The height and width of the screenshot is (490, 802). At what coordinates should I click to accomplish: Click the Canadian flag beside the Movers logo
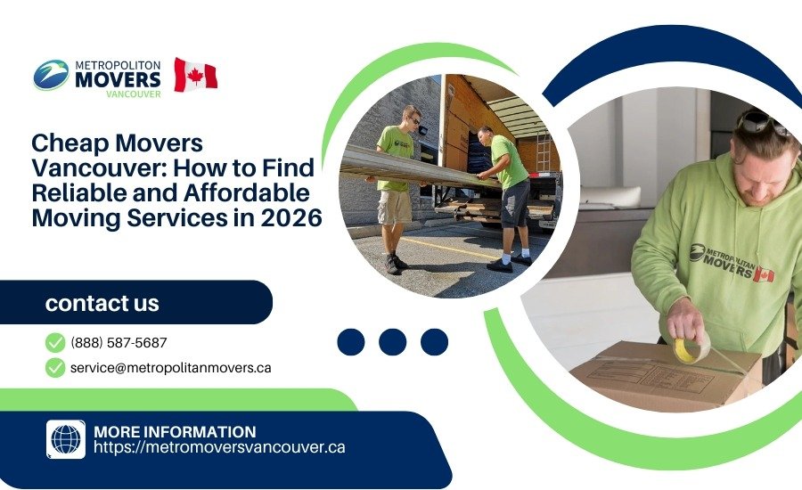coord(195,75)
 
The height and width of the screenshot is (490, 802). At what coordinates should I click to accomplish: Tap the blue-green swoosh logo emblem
coord(51,75)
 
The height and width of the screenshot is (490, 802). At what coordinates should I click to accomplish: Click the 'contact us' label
coord(102,303)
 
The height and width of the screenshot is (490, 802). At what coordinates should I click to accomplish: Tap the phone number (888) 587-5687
coord(119,342)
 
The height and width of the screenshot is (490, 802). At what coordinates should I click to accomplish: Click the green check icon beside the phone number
coord(55,342)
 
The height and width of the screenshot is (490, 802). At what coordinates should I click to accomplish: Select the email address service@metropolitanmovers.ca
coord(171,367)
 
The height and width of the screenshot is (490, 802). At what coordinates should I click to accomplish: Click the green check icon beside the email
coord(55,367)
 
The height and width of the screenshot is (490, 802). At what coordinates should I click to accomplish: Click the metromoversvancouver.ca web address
coord(219,447)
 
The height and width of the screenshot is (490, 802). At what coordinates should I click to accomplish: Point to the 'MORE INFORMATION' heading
coord(175,431)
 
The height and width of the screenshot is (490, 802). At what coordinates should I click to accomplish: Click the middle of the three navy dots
coord(392,342)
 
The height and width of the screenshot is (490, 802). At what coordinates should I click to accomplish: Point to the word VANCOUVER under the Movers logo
coord(133,93)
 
